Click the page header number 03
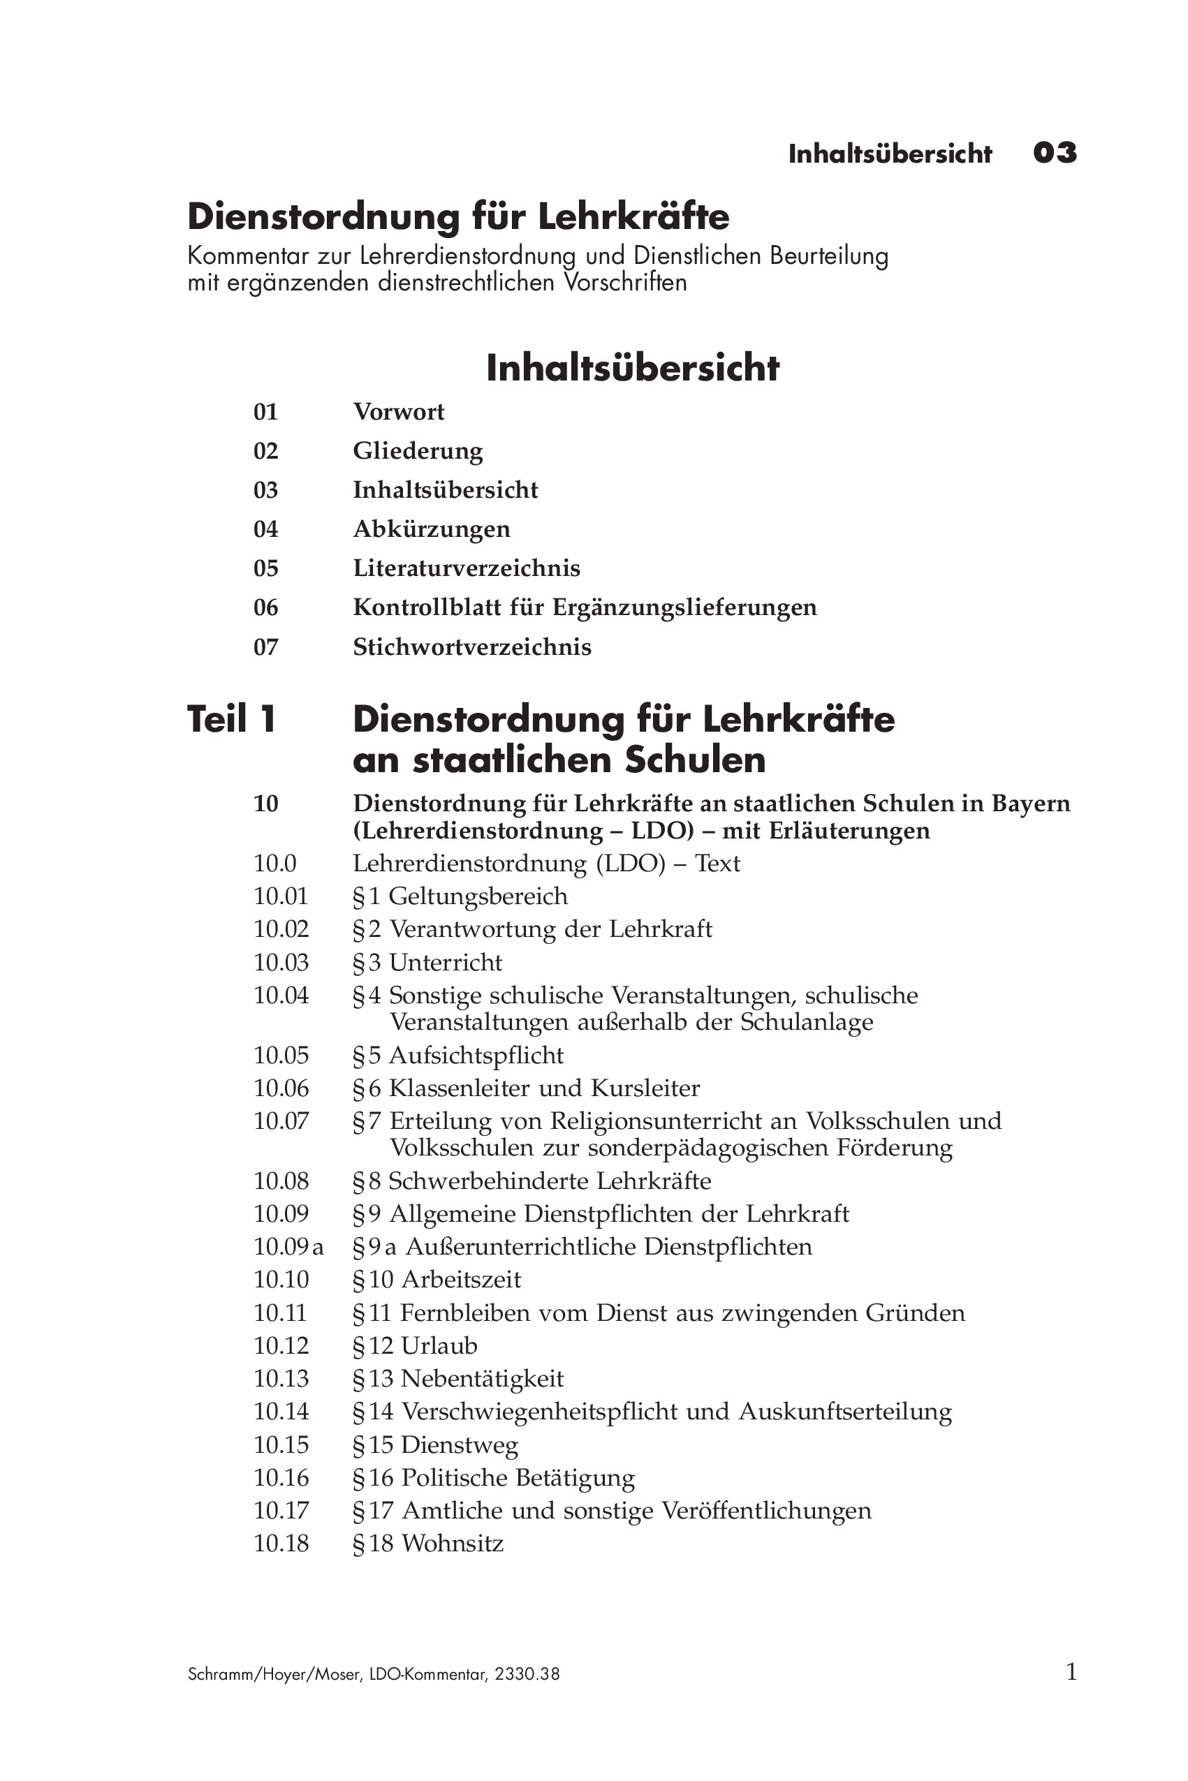click(1055, 154)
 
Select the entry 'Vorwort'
click(399, 412)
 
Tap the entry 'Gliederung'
click(418, 451)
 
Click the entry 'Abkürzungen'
click(431, 529)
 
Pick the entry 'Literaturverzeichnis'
click(466, 569)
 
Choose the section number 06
click(266, 608)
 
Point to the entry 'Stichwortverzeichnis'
click(472, 647)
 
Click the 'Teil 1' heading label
click(231, 718)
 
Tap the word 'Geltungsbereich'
click(478, 896)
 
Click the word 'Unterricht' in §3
click(446, 963)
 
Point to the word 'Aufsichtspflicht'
click(476, 1056)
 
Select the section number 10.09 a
click(288, 1247)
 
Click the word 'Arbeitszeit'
click(461, 1280)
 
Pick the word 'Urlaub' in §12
click(439, 1345)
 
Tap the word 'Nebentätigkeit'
click(482, 1378)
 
